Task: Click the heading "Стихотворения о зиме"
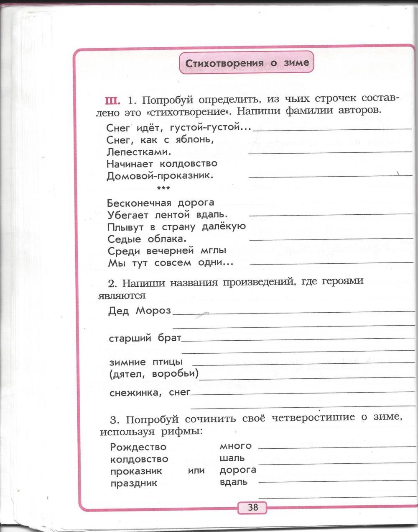[247, 64]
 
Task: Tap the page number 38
[252, 508]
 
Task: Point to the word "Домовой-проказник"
[160, 175]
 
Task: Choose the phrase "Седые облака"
[146, 239]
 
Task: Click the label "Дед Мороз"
[140, 311]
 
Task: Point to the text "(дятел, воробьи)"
[153, 373]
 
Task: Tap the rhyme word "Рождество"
[138, 447]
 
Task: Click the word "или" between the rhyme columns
[196, 470]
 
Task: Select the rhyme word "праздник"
[134, 483]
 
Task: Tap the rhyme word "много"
[235, 446]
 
